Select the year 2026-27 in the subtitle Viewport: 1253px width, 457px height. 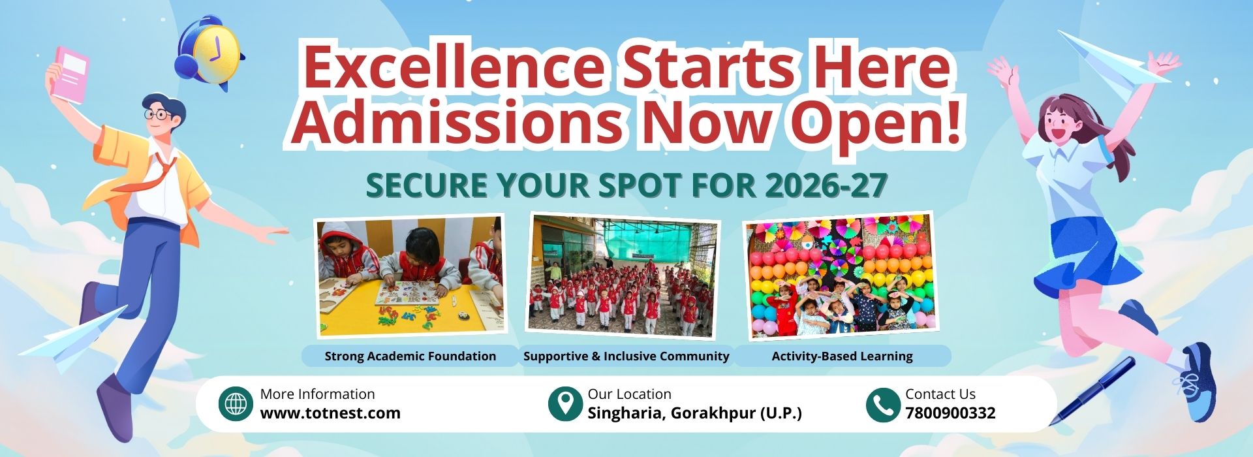pyautogui.click(x=826, y=185)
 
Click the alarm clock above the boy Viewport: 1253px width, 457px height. pyautogui.click(x=209, y=52)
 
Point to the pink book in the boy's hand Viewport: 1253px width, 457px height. pyautogui.click(x=70, y=74)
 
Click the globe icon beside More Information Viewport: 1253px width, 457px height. pyautogui.click(x=236, y=404)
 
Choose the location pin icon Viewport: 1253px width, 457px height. pyautogui.click(x=565, y=403)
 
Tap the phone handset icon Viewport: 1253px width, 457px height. pyautogui.click(x=882, y=404)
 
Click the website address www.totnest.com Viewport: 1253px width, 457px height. pyautogui.click(x=330, y=413)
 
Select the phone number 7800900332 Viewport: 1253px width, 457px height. pyautogui.click(x=950, y=413)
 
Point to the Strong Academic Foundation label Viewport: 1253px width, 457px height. pyautogui.click(x=410, y=356)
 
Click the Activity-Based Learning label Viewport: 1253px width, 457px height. pyautogui.click(x=842, y=356)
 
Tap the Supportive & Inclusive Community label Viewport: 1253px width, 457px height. pyautogui.click(x=626, y=356)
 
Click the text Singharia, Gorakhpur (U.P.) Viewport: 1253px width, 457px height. pyautogui.click(x=694, y=413)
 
